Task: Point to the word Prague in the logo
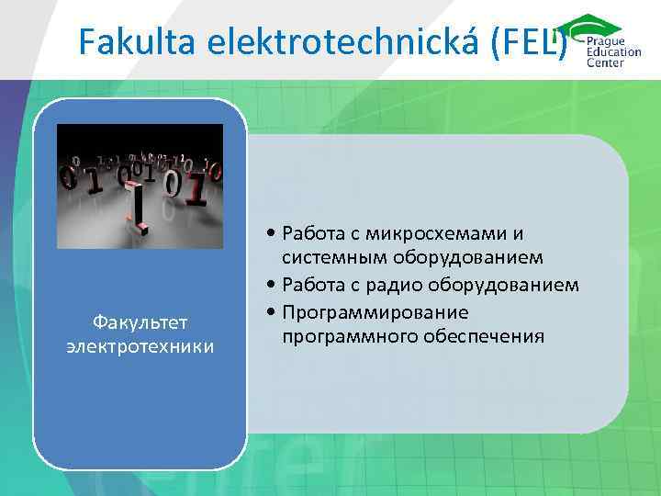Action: tap(609, 42)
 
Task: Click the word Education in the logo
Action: tap(618, 53)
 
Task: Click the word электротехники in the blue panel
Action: tap(140, 346)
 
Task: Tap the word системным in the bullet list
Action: tap(331, 257)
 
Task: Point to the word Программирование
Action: tap(376, 311)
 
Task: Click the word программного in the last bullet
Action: tap(350, 336)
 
